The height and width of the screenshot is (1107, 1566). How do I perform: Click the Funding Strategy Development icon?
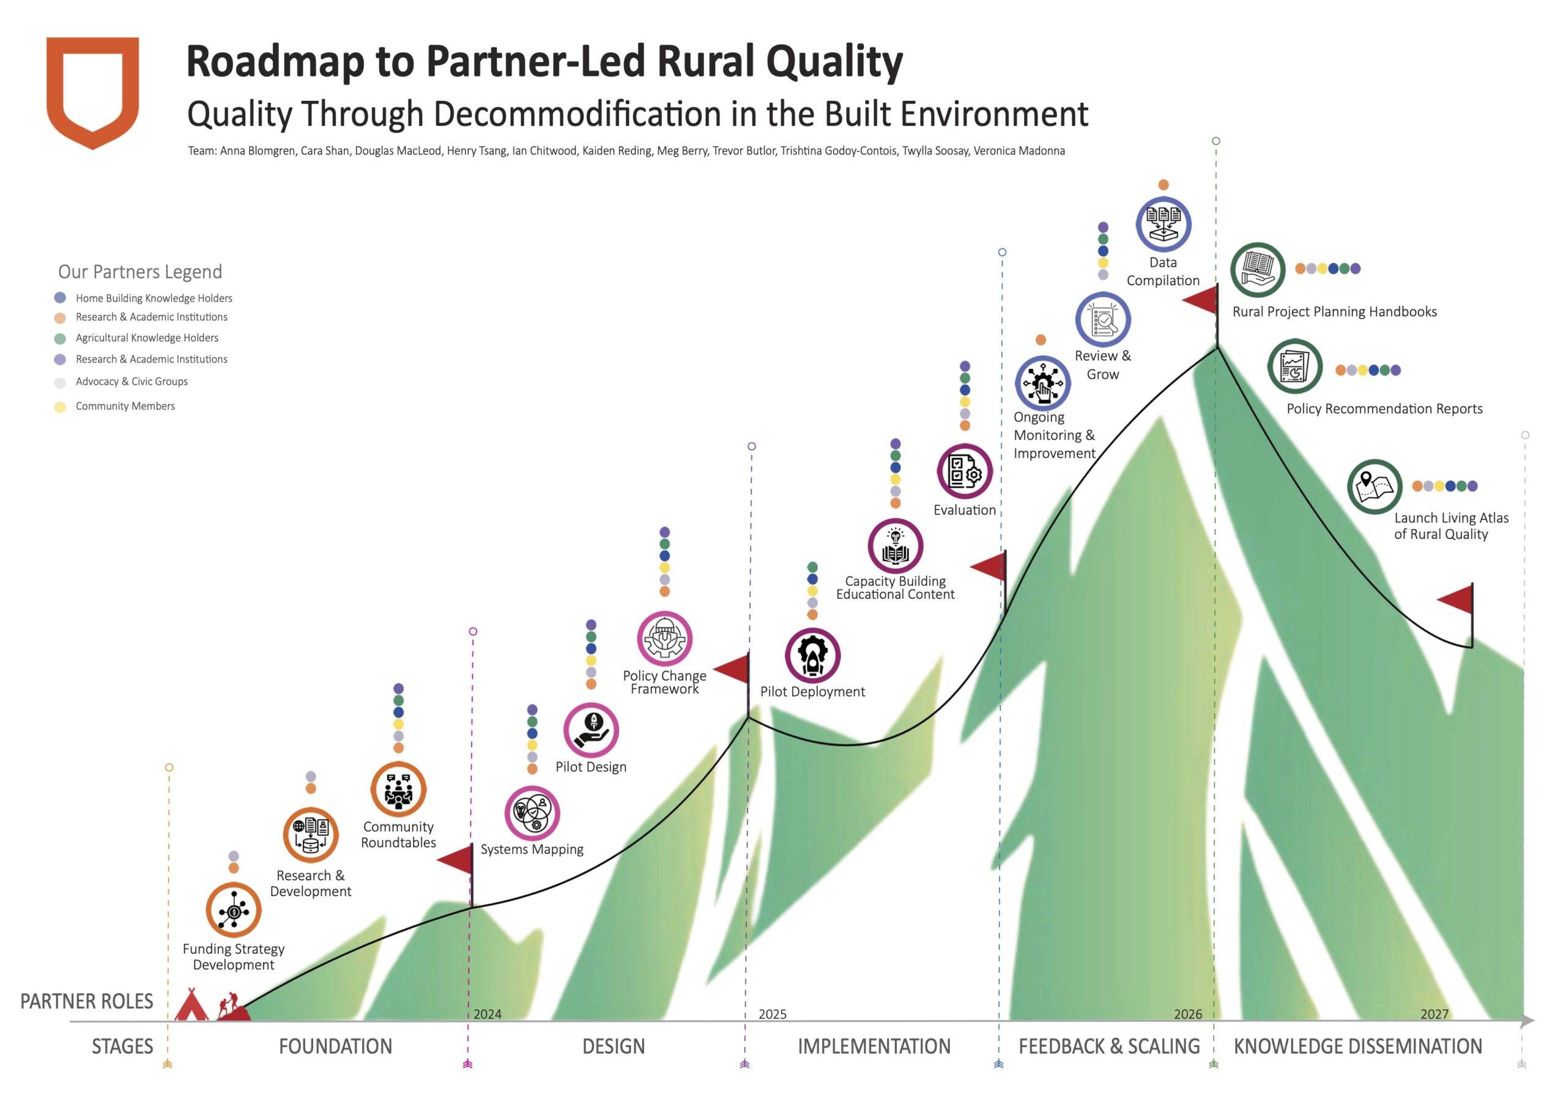click(x=234, y=910)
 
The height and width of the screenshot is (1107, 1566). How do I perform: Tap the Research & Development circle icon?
click(x=311, y=835)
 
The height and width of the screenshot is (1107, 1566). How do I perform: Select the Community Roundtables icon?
click(x=398, y=789)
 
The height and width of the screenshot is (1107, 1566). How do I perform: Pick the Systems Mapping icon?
click(x=532, y=813)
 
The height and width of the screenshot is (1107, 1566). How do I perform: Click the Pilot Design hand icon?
click(x=592, y=730)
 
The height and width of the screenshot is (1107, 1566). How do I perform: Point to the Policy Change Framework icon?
click(x=665, y=639)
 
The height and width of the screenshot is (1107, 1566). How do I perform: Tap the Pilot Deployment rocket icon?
click(x=812, y=656)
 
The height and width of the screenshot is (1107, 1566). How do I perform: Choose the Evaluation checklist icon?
click(x=965, y=472)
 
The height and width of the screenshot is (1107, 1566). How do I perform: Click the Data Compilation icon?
click(x=1163, y=224)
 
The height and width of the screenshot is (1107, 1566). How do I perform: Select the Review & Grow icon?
click(x=1103, y=320)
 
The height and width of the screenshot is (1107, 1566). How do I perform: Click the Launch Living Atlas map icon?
click(x=1375, y=486)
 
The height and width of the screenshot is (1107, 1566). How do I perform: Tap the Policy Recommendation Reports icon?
click(x=1294, y=366)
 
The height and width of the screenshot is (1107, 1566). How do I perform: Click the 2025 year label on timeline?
click(x=772, y=1014)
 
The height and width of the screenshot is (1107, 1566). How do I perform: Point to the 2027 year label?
click(x=1434, y=1014)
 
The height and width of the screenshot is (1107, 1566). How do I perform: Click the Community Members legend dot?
click(x=60, y=407)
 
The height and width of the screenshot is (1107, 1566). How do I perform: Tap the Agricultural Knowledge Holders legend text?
click(x=147, y=338)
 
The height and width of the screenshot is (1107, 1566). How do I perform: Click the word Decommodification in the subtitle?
click(x=577, y=114)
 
